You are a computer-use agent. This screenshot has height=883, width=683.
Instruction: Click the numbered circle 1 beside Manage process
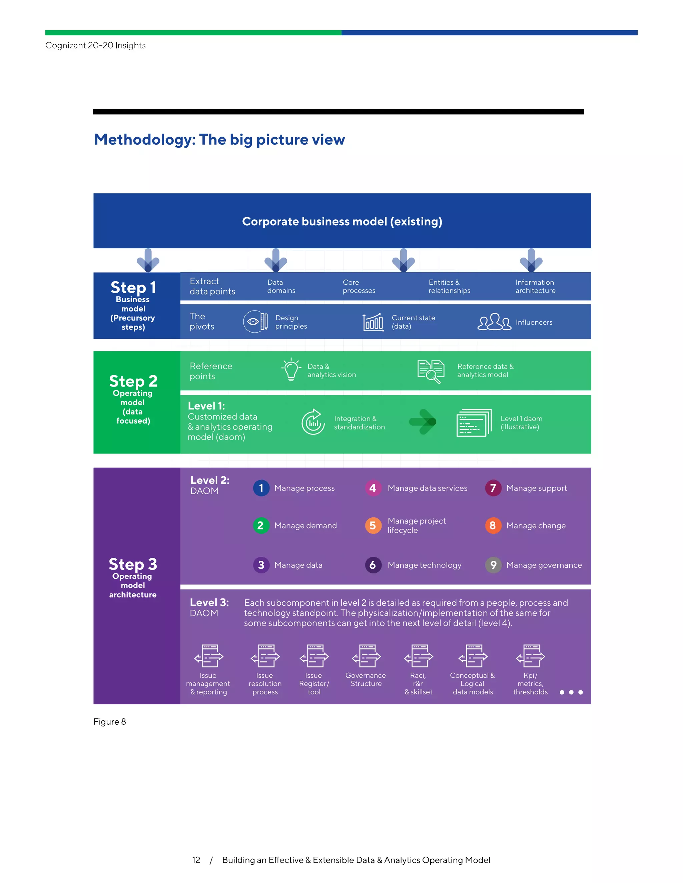pyautogui.click(x=261, y=488)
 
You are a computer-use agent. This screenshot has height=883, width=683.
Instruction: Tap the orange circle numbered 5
pyautogui.click(x=373, y=525)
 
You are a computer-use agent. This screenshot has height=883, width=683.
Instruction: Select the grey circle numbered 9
pyautogui.click(x=493, y=565)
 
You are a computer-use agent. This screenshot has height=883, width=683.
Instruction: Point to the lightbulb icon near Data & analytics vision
pyautogui.click(x=291, y=370)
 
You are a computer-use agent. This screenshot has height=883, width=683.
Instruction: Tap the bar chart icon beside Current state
pyautogui.click(x=373, y=322)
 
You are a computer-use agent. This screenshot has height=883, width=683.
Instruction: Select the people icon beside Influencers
pyautogui.click(x=494, y=322)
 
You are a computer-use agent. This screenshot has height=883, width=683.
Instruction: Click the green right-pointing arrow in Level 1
pyautogui.click(x=423, y=422)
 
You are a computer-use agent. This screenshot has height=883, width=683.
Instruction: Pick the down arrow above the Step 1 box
pyautogui.click(x=148, y=260)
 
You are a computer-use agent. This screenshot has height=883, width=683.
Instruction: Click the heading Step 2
pyautogui.click(x=133, y=381)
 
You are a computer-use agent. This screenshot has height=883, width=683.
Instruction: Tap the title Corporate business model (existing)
pyautogui.click(x=342, y=221)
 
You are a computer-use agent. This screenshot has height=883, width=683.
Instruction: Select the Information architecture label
pyautogui.click(x=535, y=286)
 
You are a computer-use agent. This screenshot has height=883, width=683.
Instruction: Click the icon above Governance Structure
pyautogui.click(x=366, y=656)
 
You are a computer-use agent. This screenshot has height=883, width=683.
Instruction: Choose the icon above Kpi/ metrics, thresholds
pyautogui.click(x=531, y=656)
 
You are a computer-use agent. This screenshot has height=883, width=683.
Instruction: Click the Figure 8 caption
pyautogui.click(x=110, y=722)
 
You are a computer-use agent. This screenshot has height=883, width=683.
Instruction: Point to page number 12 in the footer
pyautogui.click(x=196, y=860)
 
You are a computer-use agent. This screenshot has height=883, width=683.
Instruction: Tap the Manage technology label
pyautogui.click(x=424, y=565)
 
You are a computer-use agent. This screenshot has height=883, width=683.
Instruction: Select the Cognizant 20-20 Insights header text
pyautogui.click(x=95, y=45)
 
